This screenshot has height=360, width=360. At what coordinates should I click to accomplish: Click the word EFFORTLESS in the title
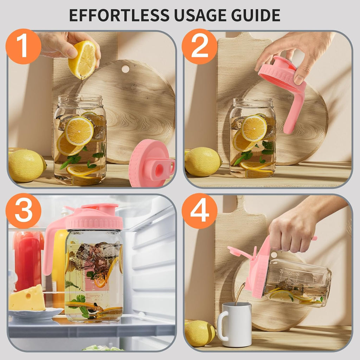pos(119,15)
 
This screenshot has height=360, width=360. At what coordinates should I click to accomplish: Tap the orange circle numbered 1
pos(24,46)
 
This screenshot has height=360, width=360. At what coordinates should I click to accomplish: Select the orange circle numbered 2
pos(200,46)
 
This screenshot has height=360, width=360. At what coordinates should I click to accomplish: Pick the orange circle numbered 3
pos(24,211)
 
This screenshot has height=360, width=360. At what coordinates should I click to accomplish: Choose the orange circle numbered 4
pos(200,211)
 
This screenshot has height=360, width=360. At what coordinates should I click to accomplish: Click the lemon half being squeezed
pos(83,60)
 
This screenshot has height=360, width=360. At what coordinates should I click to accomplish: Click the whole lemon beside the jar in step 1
pos(26,165)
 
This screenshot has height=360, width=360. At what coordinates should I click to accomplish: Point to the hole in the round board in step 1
pos(126,69)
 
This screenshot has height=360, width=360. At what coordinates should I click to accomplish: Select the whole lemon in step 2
pos(202,162)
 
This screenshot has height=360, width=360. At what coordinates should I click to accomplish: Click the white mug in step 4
pos(234,324)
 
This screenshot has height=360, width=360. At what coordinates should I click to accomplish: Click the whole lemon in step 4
pos(200,333)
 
